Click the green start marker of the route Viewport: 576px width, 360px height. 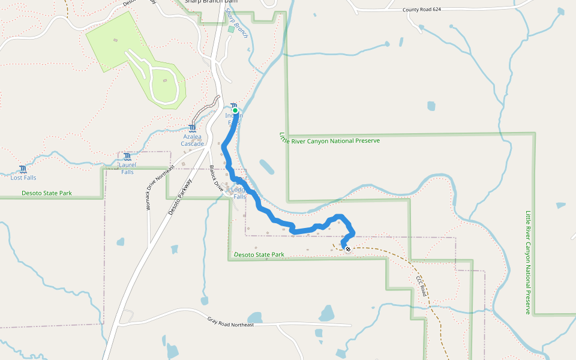tap(235, 110)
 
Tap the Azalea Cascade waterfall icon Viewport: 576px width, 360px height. tap(191, 128)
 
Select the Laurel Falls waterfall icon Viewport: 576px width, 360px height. tap(127, 156)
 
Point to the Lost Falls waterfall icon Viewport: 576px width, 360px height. tap(23, 169)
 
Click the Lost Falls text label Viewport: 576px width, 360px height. tap(23, 178)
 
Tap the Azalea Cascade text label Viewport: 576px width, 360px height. tap(193, 140)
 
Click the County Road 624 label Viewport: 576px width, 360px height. tap(426, 10)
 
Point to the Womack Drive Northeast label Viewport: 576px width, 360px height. tap(148, 188)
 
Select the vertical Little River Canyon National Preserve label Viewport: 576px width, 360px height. tap(528, 262)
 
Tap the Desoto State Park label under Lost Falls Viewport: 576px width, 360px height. tap(47, 193)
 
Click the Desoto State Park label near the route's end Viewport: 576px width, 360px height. tap(259, 254)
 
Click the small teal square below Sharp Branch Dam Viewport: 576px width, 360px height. tap(231, 29)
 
